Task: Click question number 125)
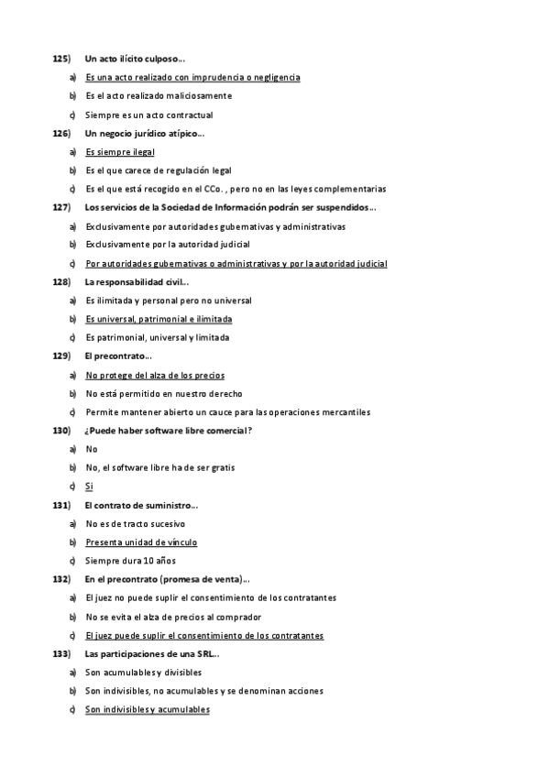(x=60, y=59)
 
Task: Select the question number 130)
(x=60, y=431)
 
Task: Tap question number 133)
(x=60, y=654)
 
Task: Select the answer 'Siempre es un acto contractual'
(x=148, y=115)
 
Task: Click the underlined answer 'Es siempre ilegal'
(x=120, y=152)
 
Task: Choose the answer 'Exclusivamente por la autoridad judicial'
(x=168, y=245)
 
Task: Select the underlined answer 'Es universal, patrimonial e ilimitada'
(x=159, y=319)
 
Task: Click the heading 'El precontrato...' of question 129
(x=118, y=356)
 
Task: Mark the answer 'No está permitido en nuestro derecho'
(x=164, y=394)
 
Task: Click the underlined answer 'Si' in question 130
(x=90, y=487)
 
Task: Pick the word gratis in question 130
(x=222, y=468)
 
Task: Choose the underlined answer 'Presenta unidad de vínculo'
(x=141, y=542)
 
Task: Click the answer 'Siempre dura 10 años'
(x=130, y=561)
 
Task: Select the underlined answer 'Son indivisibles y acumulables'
(x=148, y=710)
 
